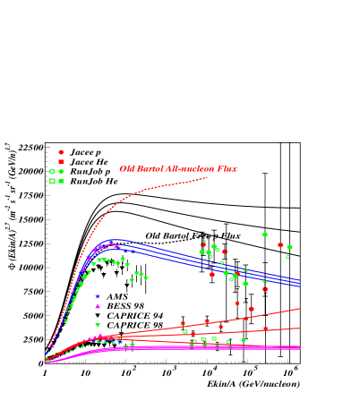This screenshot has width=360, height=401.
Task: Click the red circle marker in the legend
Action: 61,152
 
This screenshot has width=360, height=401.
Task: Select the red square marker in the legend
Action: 61,162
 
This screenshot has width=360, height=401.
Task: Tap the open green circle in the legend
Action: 52,171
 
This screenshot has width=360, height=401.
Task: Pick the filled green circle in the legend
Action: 61,171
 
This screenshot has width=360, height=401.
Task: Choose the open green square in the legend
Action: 52,181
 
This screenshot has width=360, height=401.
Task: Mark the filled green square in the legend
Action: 61,181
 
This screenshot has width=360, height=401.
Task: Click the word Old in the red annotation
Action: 127,168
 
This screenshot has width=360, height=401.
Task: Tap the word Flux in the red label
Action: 227,168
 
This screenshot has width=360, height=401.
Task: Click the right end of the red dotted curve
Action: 207,177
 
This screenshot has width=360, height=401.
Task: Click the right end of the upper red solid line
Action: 299,309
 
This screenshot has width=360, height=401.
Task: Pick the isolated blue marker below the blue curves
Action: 98,295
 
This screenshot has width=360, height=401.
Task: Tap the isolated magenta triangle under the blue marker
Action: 98,306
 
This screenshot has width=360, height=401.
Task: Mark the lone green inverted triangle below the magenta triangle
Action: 98,325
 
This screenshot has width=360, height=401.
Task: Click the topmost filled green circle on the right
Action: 265,235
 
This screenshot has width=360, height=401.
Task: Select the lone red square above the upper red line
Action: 237,303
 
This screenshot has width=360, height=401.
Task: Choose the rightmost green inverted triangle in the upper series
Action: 146,278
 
